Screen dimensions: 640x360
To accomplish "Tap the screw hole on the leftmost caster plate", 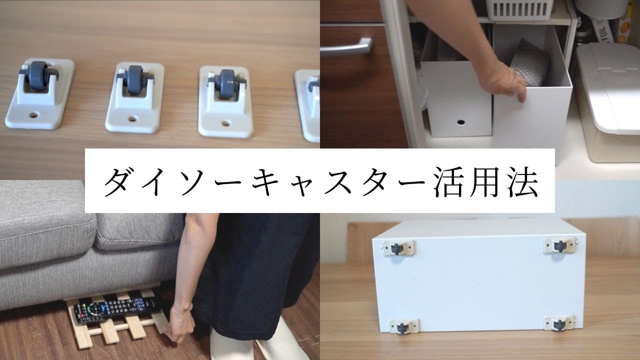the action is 33,115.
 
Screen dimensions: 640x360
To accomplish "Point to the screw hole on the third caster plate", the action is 225,123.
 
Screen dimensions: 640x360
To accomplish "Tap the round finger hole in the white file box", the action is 460,122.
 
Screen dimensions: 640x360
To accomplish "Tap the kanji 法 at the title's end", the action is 522,182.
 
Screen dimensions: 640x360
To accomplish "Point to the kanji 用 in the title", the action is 485,182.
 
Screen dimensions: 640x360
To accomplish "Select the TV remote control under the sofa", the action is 114,308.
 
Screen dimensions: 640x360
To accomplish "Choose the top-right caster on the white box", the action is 560,245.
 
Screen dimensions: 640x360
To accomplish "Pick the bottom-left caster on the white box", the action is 403,326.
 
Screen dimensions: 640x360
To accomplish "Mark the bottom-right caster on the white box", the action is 558,323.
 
